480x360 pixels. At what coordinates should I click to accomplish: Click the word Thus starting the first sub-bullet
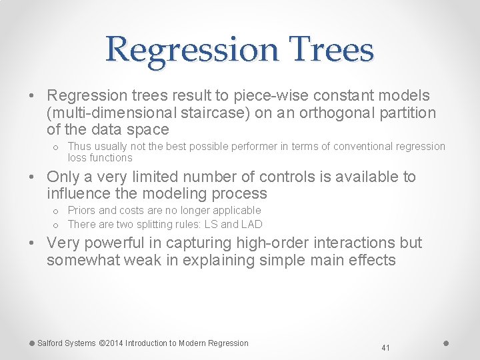(79, 146)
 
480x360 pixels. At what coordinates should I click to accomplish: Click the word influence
(78, 193)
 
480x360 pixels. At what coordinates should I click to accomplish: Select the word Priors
(82, 210)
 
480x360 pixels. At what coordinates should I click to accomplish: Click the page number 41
(385, 347)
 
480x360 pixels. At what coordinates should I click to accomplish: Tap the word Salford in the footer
(51, 343)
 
